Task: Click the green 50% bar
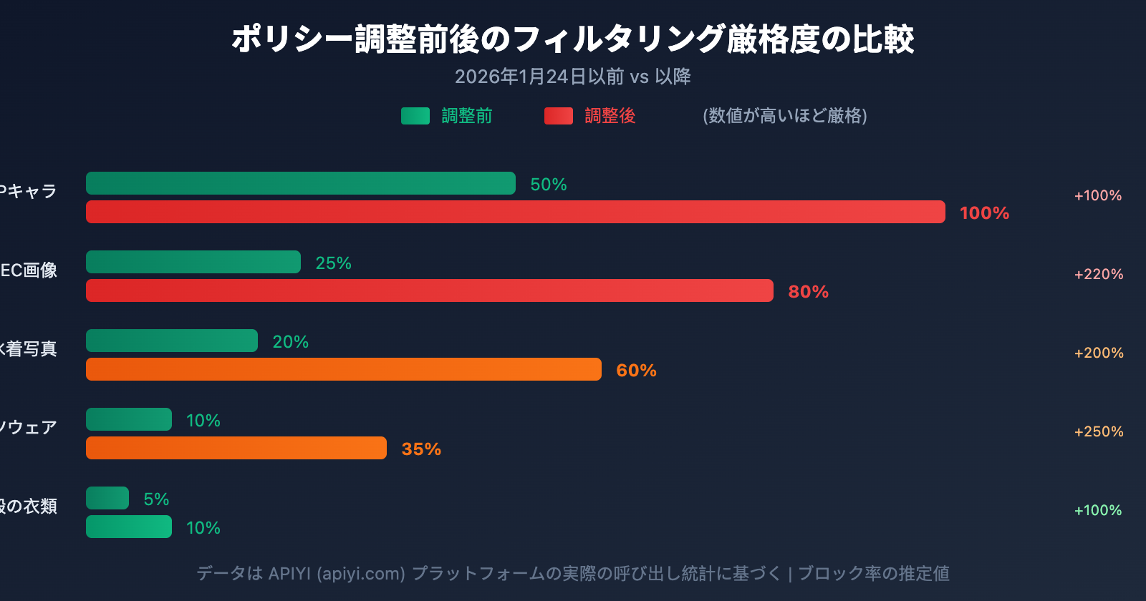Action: click(x=301, y=183)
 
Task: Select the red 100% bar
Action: click(x=516, y=212)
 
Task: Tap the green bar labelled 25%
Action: click(x=193, y=262)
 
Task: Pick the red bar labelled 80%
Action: click(x=430, y=290)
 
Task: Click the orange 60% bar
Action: click(x=344, y=369)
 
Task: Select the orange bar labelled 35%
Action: click(x=236, y=448)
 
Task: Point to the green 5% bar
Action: click(x=107, y=498)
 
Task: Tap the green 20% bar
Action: click(x=172, y=341)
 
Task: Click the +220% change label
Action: click(x=1099, y=274)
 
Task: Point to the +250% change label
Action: click(x=1099, y=431)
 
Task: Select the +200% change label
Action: click(x=1099, y=353)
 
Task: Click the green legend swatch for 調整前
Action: click(x=415, y=116)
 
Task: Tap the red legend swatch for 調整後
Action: click(x=559, y=116)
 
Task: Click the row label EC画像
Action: click(x=29, y=270)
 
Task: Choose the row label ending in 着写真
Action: click(x=29, y=349)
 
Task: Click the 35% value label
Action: click(x=421, y=449)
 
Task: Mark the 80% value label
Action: click(x=808, y=292)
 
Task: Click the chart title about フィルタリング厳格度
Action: click(x=573, y=39)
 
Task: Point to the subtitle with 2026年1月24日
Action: click(x=573, y=77)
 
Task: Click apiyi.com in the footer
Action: click(x=361, y=574)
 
